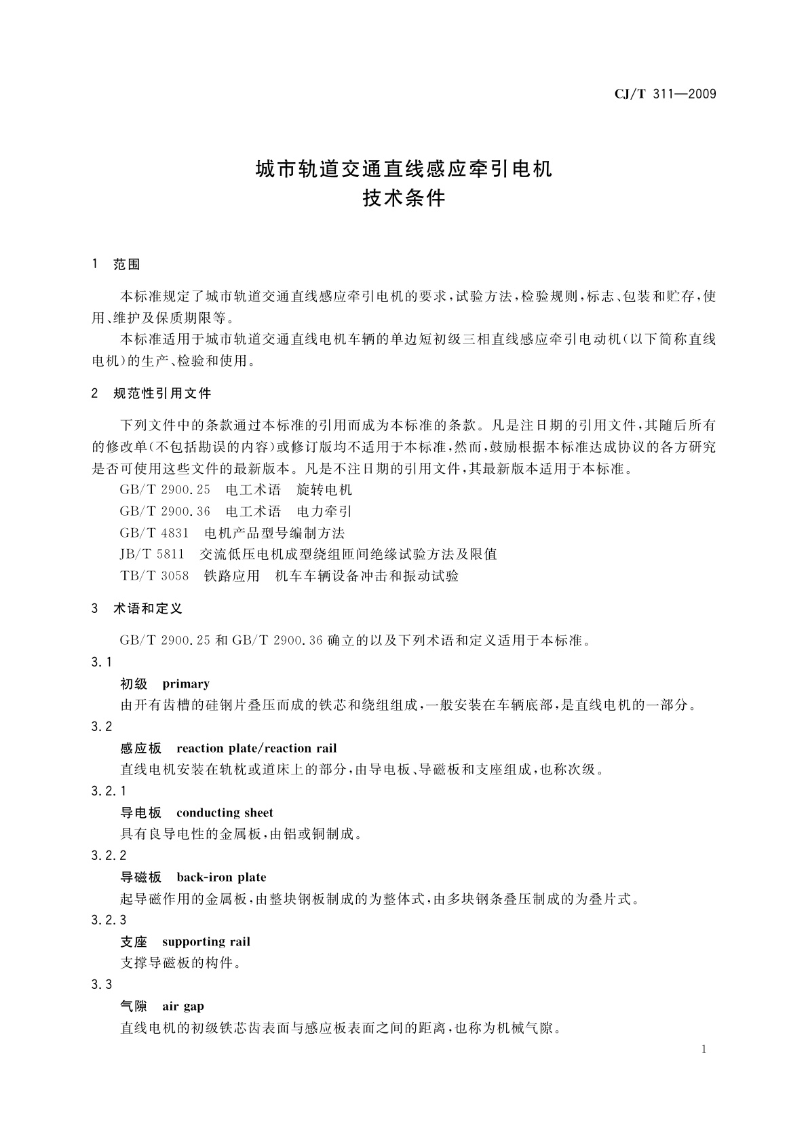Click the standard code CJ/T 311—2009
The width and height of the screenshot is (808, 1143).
[665, 94]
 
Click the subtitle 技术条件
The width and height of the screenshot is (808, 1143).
[404, 199]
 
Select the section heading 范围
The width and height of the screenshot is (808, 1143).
[127, 265]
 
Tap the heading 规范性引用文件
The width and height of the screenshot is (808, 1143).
[162, 394]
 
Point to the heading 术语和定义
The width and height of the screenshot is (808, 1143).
[148, 609]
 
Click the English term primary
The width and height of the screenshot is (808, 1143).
[186, 684]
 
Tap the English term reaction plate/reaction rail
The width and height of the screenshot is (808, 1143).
[256, 749]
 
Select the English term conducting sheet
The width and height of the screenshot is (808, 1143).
[225, 813]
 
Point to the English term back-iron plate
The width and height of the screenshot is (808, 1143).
[221, 878]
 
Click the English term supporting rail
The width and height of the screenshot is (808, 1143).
[206, 942]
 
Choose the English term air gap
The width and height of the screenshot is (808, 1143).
[183, 1007]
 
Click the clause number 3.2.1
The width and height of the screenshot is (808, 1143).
[109, 791]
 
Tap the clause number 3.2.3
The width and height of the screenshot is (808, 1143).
[109, 920]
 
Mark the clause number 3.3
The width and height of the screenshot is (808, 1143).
[102, 985]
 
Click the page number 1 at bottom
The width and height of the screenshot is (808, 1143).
[704, 1050]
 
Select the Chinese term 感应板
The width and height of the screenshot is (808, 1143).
[141, 749]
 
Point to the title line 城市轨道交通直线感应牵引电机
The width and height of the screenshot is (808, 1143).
[404, 169]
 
